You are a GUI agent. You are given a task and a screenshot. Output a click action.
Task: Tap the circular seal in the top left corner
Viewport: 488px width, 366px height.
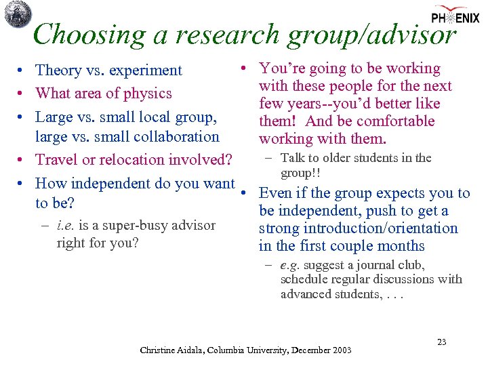point(18,14)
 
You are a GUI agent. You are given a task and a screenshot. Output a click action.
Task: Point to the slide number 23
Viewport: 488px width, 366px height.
point(441,342)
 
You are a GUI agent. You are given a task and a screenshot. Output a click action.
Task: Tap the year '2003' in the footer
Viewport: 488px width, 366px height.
point(340,350)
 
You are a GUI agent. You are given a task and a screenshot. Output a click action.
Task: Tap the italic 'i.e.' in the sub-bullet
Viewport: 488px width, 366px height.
point(66,226)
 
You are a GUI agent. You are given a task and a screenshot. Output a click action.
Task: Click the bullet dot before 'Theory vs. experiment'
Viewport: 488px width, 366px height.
point(23,70)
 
